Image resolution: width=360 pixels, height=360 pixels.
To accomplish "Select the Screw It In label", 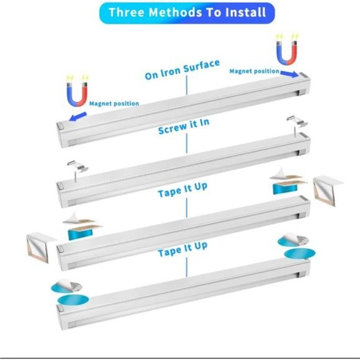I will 184,126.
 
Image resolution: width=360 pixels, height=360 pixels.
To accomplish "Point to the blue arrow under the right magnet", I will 286,73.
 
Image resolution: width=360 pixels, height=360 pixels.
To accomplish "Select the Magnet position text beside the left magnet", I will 114,103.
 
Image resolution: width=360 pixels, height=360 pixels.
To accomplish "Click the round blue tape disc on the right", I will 295,254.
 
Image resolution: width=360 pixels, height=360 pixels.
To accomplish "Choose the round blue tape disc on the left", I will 69,299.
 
